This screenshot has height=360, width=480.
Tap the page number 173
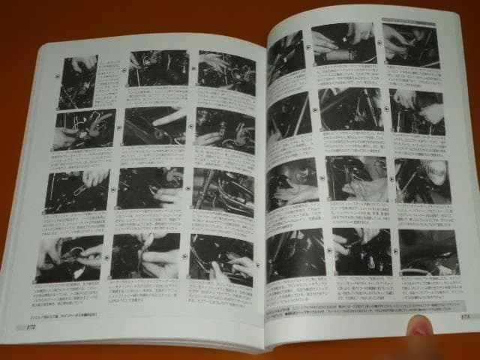coord(465,318)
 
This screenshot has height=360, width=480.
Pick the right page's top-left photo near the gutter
coord(285,56)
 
